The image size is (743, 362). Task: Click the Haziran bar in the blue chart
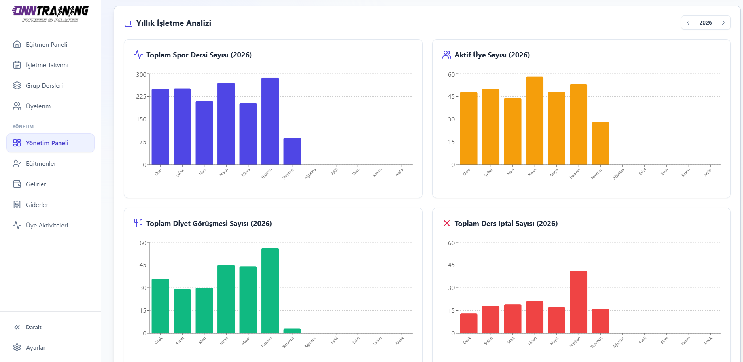pyautogui.click(x=270, y=121)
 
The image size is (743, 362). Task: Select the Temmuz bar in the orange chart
pyautogui.click(x=600, y=143)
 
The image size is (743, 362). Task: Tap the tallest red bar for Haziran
pyautogui.click(x=579, y=302)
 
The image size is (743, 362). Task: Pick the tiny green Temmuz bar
pyautogui.click(x=292, y=331)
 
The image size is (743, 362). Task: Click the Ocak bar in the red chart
pyautogui.click(x=469, y=323)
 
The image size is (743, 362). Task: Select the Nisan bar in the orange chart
pyautogui.click(x=535, y=121)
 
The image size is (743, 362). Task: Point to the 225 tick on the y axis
pyautogui.click(x=141, y=97)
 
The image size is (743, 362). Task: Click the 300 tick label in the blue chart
pyautogui.click(x=141, y=74)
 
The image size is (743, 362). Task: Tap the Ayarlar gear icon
pyautogui.click(x=17, y=347)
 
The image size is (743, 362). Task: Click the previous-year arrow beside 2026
pyautogui.click(x=688, y=23)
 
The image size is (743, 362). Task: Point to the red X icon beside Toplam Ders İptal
pyautogui.click(x=447, y=223)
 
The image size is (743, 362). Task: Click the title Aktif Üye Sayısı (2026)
pyautogui.click(x=492, y=55)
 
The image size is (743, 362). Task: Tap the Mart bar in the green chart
pyautogui.click(x=204, y=310)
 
